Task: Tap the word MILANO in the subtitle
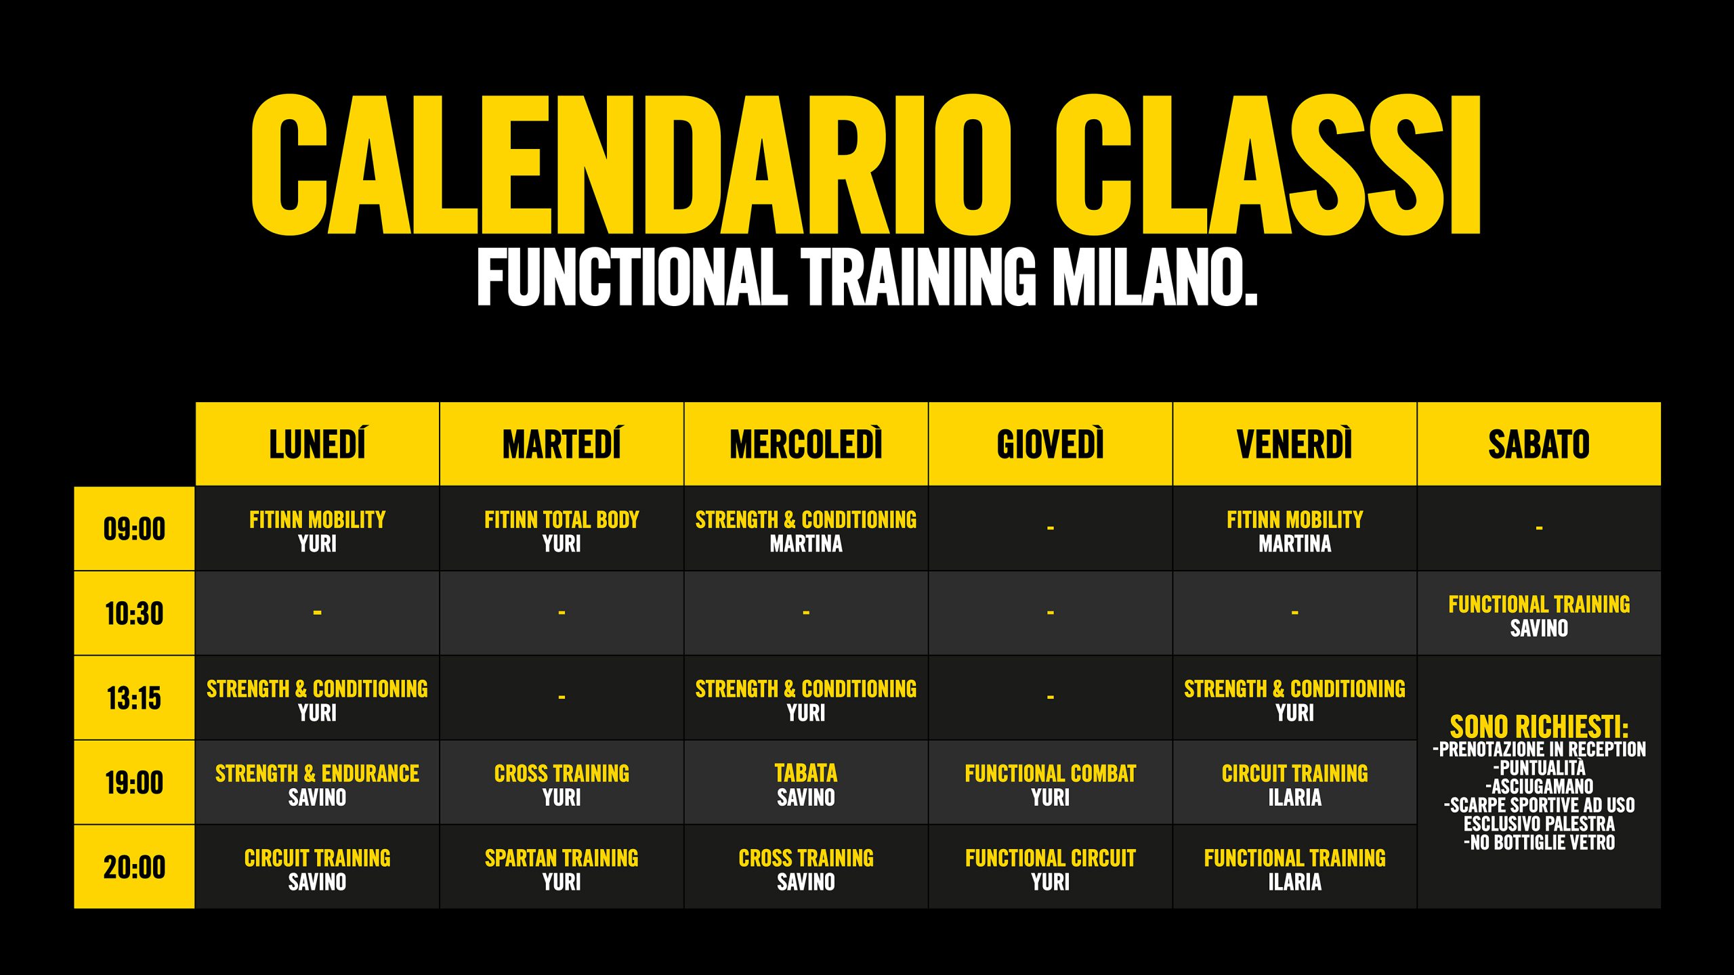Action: coord(1155,277)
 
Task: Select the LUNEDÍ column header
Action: coord(317,444)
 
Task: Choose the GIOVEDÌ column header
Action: coord(1050,444)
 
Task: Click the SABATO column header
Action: coord(1539,444)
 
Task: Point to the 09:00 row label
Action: coord(134,529)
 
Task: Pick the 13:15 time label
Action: coord(134,698)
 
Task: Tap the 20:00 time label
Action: coord(134,867)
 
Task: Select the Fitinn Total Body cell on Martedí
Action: coord(562,529)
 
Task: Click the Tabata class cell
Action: coord(806,783)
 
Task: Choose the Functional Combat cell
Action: coord(1050,783)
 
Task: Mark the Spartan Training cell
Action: coord(562,867)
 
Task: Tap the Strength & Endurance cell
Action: coord(317,783)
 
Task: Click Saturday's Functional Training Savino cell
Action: coord(1539,613)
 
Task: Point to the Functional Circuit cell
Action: coord(1050,867)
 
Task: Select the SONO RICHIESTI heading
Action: coord(1539,727)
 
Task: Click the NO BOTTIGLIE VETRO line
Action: coord(1539,842)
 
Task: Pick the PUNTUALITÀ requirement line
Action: coord(1539,768)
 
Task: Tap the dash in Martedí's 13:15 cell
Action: coord(562,697)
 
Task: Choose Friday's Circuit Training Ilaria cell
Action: coord(1294,783)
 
